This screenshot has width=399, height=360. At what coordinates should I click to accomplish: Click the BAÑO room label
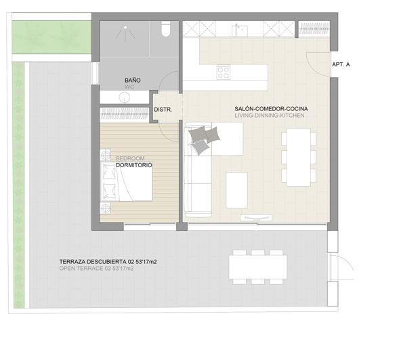[132, 81]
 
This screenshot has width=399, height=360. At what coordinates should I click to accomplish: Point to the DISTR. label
[163, 109]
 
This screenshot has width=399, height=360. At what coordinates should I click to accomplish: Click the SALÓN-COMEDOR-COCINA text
[269, 108]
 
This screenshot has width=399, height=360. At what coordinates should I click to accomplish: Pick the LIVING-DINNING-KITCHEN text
[269, 116]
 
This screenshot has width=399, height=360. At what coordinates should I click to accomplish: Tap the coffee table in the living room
[236, 189]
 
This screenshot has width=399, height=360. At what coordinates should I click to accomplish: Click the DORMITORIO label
[133, 165]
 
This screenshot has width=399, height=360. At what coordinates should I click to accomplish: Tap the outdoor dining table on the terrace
[257, 266]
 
